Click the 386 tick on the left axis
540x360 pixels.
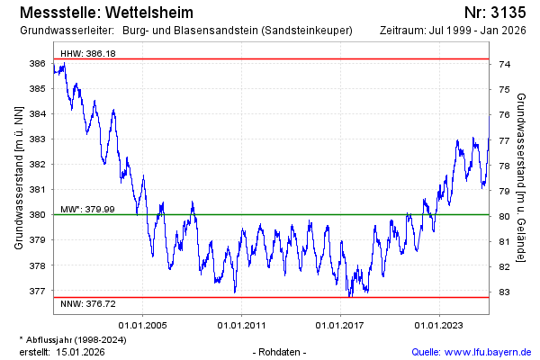39,64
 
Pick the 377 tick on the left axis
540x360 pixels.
39,292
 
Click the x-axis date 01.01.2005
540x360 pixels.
143,325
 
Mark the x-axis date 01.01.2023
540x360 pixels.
438,325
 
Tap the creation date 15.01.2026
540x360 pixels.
82,351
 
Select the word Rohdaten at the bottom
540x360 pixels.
281,351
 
